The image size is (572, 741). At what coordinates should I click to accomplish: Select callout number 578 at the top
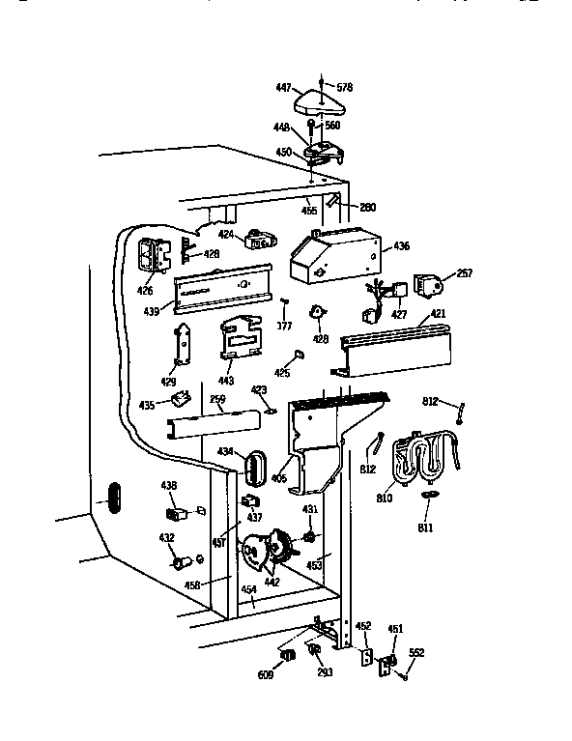[x=344, y=87]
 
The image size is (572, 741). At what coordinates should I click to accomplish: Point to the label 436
[x=400, y=247]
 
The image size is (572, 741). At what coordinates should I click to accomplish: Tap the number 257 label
[x=465, y=274]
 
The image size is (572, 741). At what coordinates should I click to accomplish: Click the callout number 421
[x=438, y=314]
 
